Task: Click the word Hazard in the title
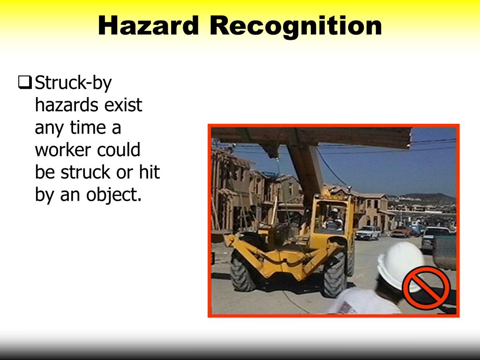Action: (x=149, y=26)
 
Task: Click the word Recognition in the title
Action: (x=296, y=27)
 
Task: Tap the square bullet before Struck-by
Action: (x=25, y=83)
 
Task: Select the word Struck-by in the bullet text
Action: (x=74, y=83)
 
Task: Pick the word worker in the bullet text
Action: (x=63, y=150)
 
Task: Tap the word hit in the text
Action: (x=149, y=172)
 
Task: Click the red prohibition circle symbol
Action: (x=426, y=287)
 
